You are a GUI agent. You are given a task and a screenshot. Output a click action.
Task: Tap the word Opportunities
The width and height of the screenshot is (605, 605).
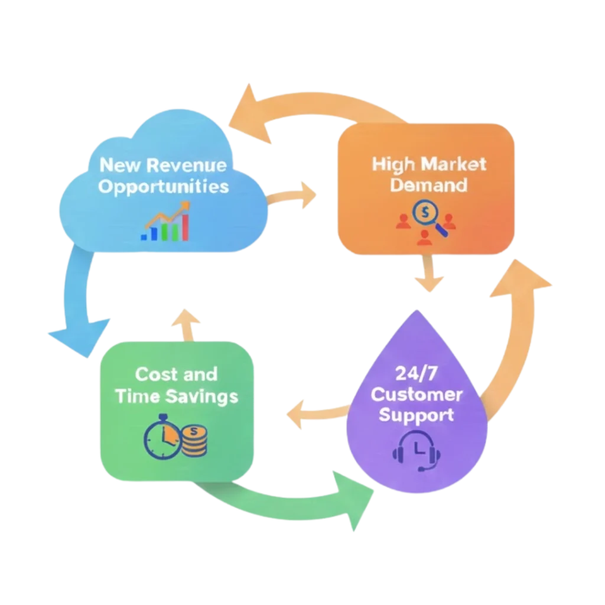pos(163,187)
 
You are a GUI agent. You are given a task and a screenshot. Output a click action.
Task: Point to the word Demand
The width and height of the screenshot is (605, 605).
pos(429,185)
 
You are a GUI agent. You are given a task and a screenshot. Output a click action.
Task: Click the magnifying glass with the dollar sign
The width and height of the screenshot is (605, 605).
pos(427,216)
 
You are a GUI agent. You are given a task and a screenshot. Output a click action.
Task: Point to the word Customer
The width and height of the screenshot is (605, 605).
pos(417,394)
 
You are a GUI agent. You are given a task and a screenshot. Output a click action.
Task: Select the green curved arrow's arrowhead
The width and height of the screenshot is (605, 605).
pos(355,499)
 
